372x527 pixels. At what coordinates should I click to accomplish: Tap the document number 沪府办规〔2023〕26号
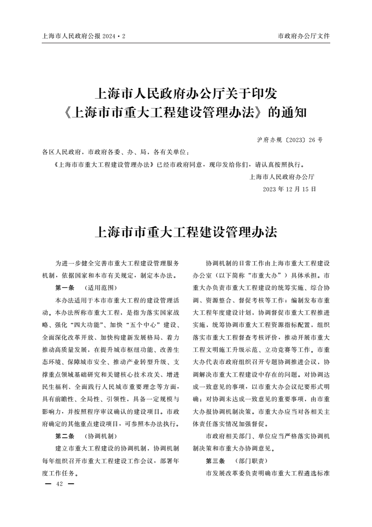290,140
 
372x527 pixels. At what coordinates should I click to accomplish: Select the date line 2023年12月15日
289,189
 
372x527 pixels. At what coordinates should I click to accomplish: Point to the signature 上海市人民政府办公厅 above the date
282,177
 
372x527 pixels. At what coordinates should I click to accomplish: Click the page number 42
59,484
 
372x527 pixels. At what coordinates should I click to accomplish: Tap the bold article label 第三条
215,460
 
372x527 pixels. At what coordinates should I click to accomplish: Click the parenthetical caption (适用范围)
98,287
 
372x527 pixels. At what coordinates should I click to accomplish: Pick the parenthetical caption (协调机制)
98,436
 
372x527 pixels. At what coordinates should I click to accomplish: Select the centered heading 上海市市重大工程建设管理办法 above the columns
186,232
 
